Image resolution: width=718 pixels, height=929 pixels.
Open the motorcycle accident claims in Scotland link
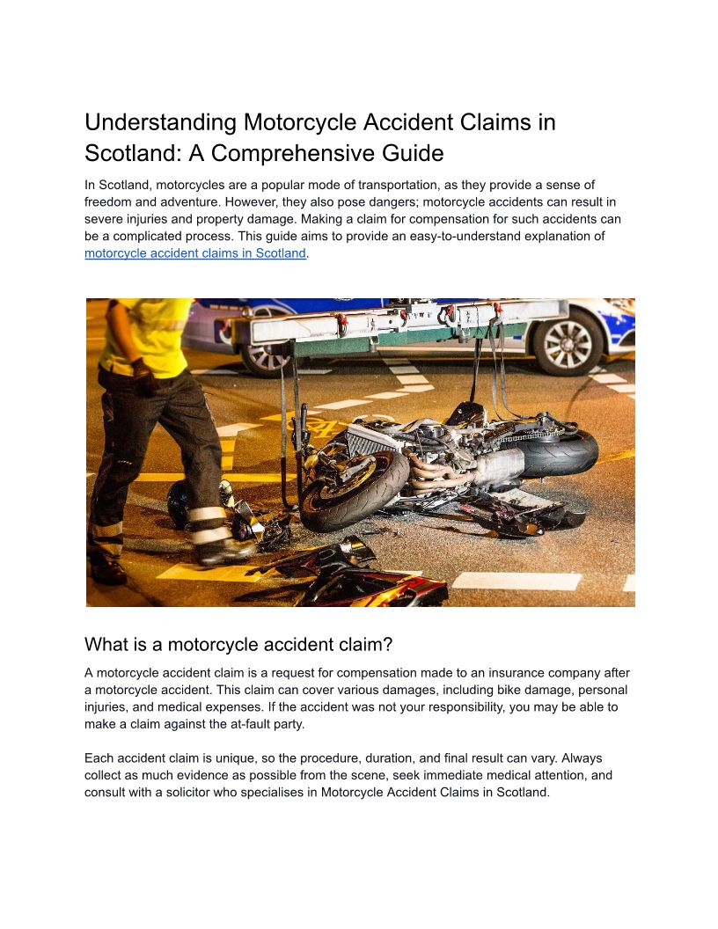pos(195,253)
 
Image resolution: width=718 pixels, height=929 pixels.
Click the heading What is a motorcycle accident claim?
pos(238,644)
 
